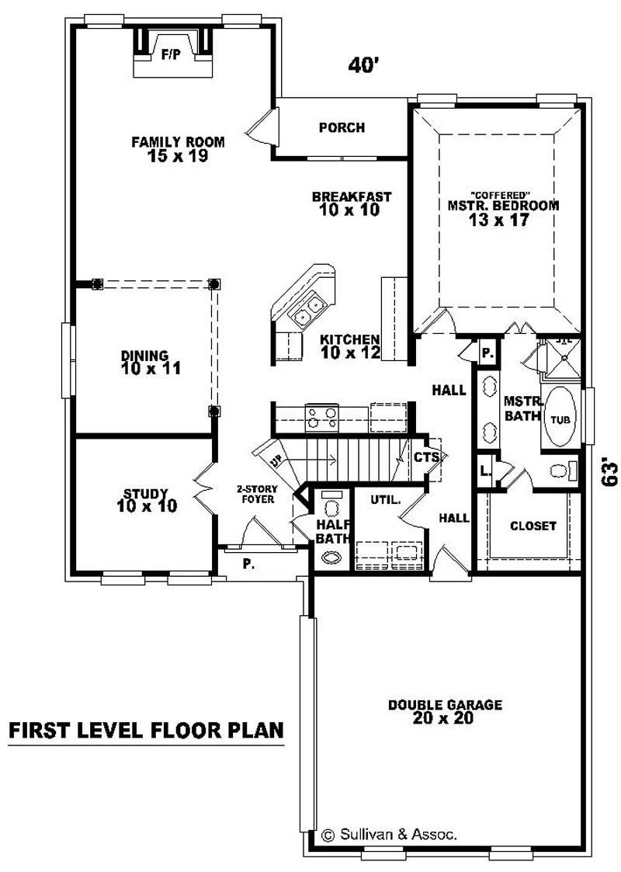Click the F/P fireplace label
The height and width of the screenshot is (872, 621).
(168, 55)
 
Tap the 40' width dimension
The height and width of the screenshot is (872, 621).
(362, 66)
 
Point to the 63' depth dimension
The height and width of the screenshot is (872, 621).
(609, 471)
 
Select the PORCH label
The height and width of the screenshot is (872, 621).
(342, 127)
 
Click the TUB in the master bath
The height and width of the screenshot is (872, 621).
(560, 419)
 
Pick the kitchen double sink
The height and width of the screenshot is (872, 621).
(307, 311)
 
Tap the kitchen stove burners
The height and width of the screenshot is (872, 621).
(319, 418)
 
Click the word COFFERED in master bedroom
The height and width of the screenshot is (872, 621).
(501, 193)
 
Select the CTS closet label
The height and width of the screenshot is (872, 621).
(426, 457)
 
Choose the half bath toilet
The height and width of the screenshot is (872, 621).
(332, 507)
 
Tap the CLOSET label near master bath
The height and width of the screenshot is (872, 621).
(533, 526)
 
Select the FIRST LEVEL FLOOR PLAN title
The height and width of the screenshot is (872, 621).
(145, 731)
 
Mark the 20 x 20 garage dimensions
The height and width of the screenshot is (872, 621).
(445, 719)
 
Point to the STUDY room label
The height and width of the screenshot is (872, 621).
(146, 493)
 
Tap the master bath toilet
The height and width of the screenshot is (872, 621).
(560, 470)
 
